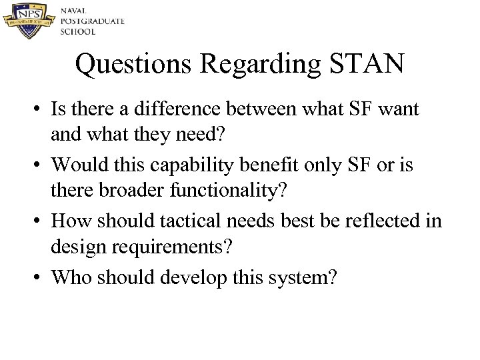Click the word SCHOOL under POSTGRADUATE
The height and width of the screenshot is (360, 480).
click(78, 31)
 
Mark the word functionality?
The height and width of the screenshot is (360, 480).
click(229, 191)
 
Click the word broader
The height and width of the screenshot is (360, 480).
click(133, 191)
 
